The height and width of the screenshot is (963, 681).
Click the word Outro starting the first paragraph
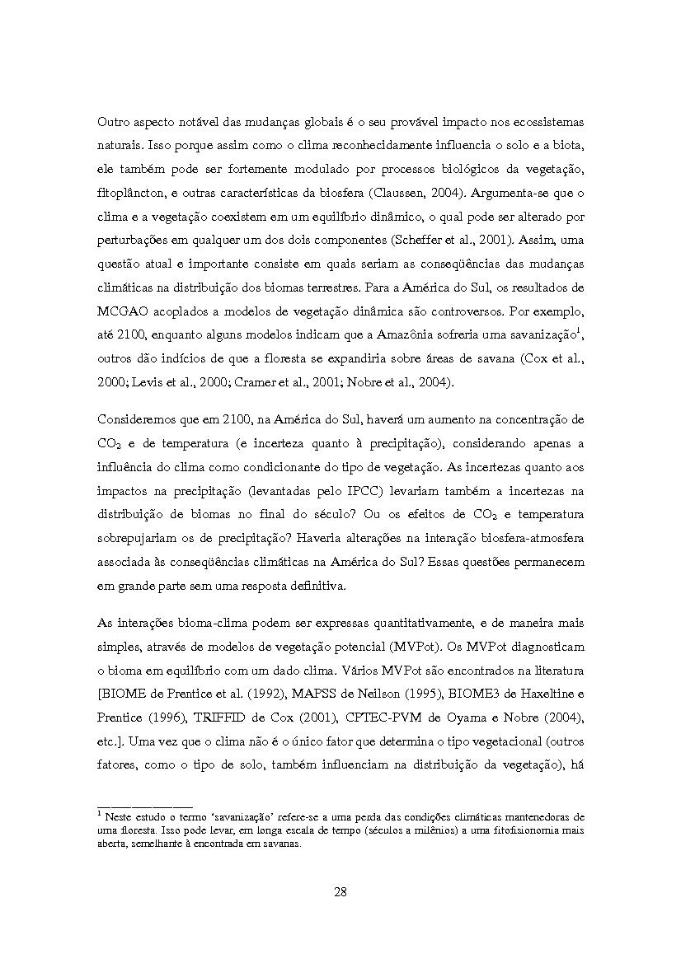(113, 122)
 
